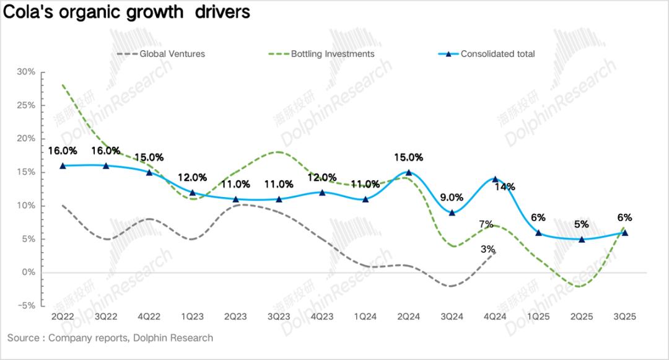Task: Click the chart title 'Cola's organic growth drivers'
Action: [127, 12]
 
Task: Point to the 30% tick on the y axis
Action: [25, 72]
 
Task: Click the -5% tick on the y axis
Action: [25, 305]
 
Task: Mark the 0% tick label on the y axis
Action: [27, 272]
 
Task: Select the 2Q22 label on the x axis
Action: [63, 317]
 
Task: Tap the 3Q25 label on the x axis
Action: [624, 317]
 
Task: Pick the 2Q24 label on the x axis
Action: [408, 317]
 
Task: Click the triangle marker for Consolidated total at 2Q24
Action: [408, 172]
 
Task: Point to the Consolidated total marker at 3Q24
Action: [452, 213]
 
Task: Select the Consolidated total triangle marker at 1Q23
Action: [192, 193]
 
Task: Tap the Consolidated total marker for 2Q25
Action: [582, 239]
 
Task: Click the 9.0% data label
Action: [452, 198]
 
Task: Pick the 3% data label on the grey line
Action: [488, 250]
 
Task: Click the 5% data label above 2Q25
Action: [582, 224]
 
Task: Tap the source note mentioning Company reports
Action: [110, 338]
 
